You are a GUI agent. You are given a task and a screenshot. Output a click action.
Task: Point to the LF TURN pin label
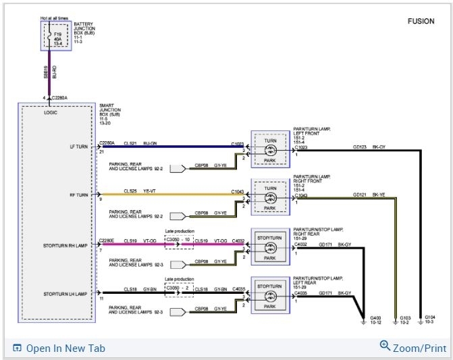78,146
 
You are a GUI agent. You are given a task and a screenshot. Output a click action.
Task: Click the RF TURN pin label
78,195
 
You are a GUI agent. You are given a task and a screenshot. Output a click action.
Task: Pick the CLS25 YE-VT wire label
140,191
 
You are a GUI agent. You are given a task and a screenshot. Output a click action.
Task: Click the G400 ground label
375,317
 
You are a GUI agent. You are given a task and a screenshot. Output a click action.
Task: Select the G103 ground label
404,317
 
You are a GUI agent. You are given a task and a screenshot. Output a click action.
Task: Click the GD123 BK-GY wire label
369,145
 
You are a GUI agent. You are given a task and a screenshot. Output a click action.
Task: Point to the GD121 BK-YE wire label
369,194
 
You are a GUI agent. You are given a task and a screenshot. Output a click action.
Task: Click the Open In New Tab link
59,349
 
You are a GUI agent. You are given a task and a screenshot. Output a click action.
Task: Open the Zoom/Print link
413,348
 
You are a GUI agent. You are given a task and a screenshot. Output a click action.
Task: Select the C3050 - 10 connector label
179,240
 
